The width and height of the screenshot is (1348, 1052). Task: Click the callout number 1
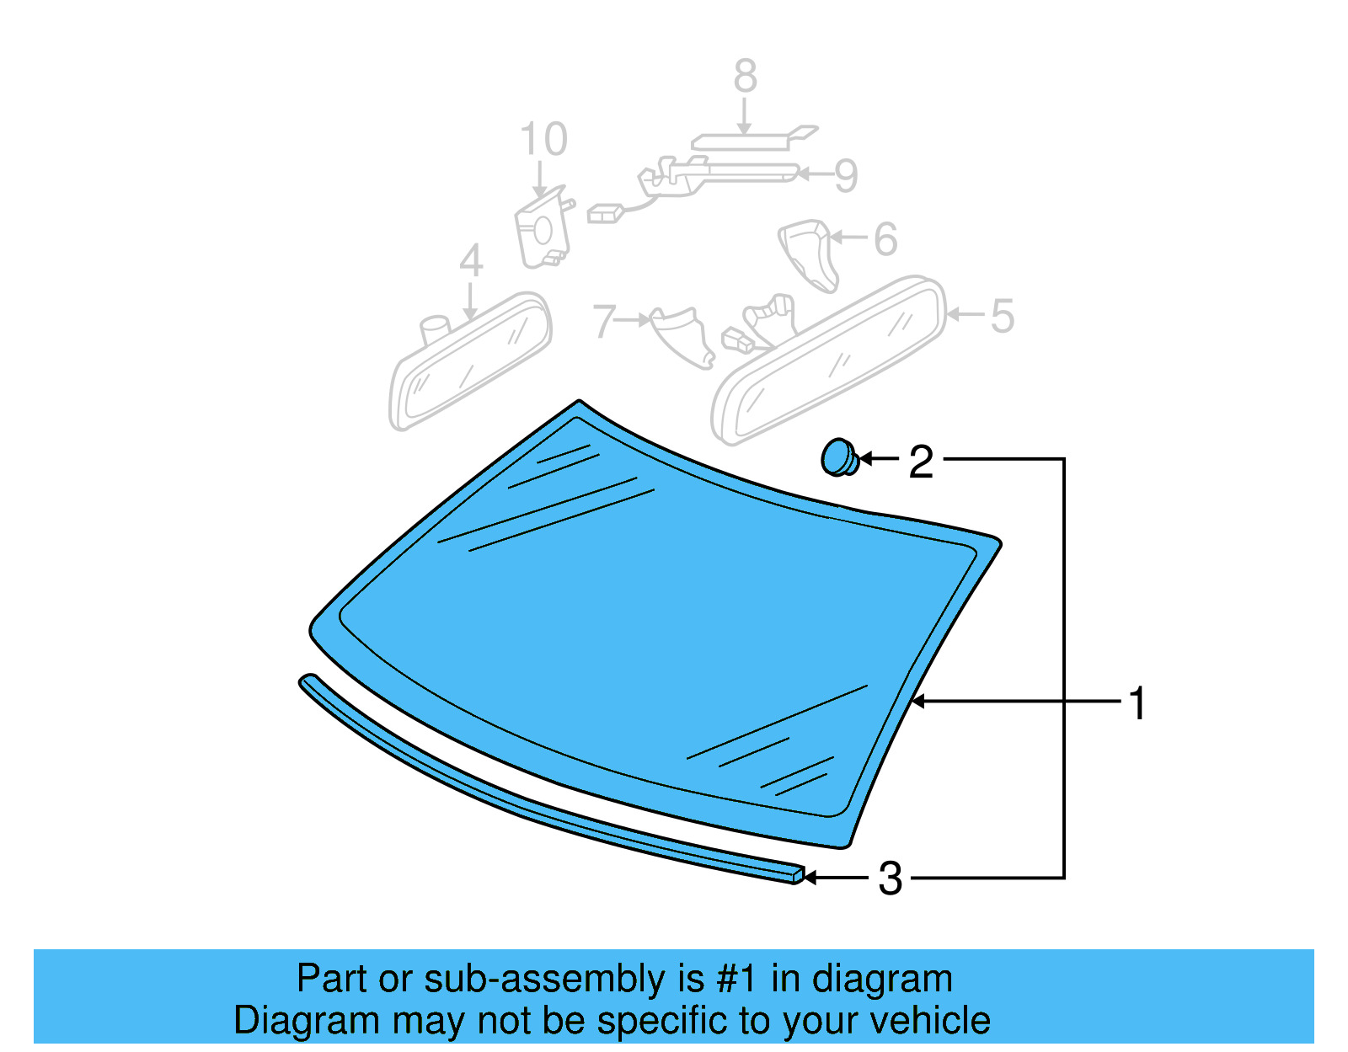click(1137, 703)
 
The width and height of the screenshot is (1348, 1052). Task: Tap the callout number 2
click(921, 462)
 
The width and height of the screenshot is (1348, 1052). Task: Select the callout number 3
click(890, 879)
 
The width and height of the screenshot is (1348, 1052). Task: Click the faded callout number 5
click(1002, 317)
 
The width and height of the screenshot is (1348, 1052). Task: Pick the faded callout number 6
click(885, 239)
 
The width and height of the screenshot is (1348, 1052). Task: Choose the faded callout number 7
click(604, 322)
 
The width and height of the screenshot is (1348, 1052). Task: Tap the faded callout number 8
click(745, 77)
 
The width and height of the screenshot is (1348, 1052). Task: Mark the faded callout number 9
click(846, 176)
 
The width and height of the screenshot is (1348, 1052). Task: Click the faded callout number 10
click(543, 140)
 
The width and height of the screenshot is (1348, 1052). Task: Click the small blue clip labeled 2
click(838, 457)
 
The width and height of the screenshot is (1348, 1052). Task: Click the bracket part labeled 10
click(541, 232)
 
